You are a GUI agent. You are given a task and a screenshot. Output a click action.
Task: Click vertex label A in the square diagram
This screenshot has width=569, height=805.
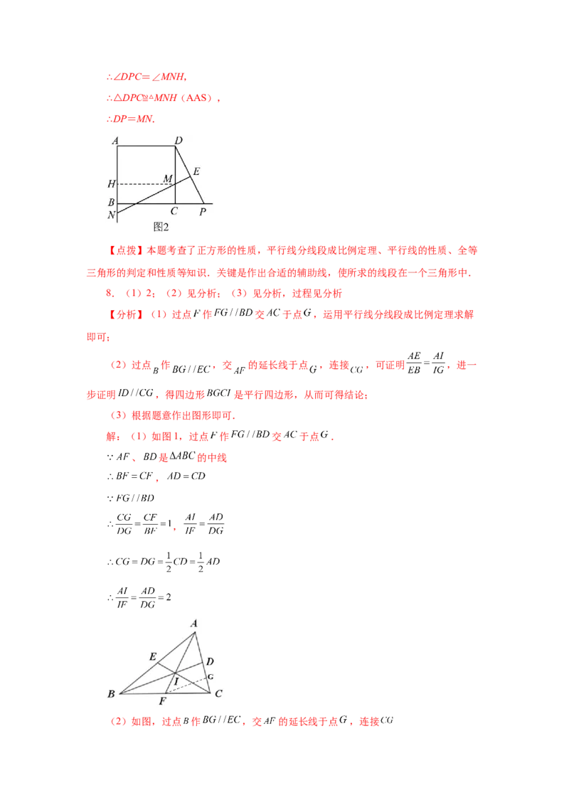coord(114,140)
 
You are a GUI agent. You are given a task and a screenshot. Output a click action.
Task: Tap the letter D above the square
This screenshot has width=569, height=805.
coord(179,140)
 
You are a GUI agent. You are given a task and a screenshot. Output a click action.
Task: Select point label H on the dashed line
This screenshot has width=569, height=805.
coord(111,184)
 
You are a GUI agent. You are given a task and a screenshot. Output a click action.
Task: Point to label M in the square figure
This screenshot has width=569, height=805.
coord(168,178)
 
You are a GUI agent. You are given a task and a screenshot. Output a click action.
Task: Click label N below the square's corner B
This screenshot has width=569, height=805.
coord(111,215)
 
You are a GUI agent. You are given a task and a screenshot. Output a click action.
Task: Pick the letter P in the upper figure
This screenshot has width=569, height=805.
coord(203,211)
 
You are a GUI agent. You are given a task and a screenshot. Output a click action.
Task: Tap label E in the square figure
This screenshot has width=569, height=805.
coord(196,171)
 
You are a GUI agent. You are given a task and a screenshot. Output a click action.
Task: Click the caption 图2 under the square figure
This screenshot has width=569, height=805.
coord(161,226)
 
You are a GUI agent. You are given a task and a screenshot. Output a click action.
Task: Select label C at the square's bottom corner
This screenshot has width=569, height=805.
coord(174,211)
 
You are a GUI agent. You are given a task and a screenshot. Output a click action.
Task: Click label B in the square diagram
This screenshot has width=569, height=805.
coord(111,203)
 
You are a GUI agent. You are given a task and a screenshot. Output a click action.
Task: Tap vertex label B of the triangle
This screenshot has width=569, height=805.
coord(111,693)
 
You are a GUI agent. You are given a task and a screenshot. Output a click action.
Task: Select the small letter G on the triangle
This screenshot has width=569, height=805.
coord(211,676)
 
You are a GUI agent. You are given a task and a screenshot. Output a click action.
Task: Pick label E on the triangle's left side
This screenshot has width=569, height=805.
coord(152,656)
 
